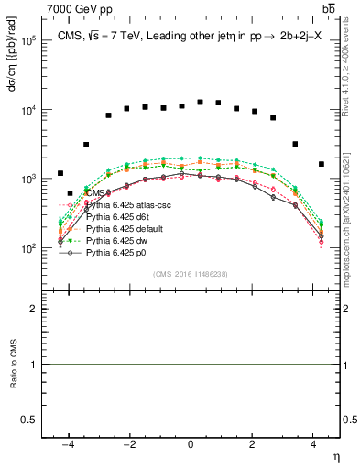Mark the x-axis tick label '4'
[312, 444]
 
